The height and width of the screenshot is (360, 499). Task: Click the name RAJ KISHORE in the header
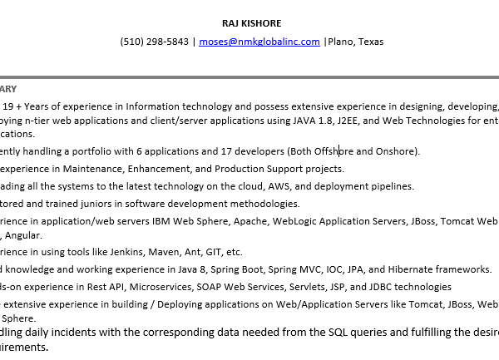(x=251, y=22)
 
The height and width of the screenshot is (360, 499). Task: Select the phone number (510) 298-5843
(x=154, y=42)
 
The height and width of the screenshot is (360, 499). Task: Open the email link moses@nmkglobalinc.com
(x=259, y=42)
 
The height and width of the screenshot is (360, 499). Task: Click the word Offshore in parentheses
(x=332, y=150)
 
